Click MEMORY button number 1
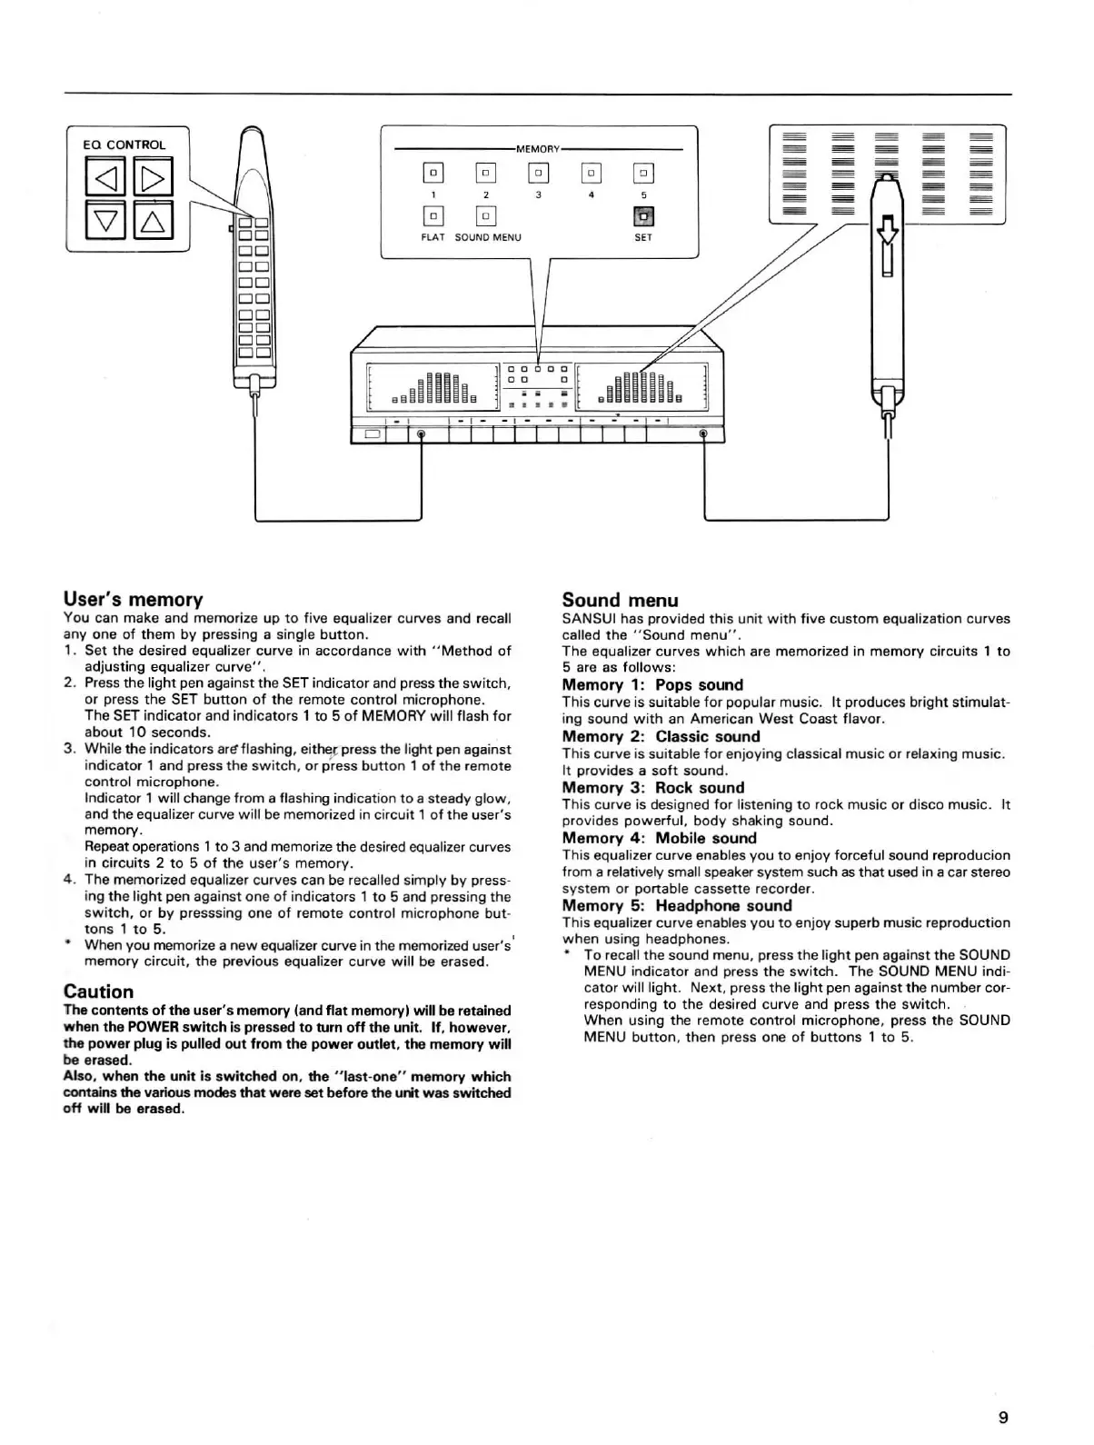coord(433,173)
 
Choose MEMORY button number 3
coord(538,173)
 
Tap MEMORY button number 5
coord(643,173)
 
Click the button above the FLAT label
coord(433,215)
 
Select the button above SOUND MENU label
coord(486,215)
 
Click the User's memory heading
coord(133,599)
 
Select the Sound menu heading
coord(620,600)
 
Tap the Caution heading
coord(98,992)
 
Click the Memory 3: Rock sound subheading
coord(652,788)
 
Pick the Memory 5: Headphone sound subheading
coord(676,905)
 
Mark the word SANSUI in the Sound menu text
coord(589,619)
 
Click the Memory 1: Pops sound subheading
coord(652,685)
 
